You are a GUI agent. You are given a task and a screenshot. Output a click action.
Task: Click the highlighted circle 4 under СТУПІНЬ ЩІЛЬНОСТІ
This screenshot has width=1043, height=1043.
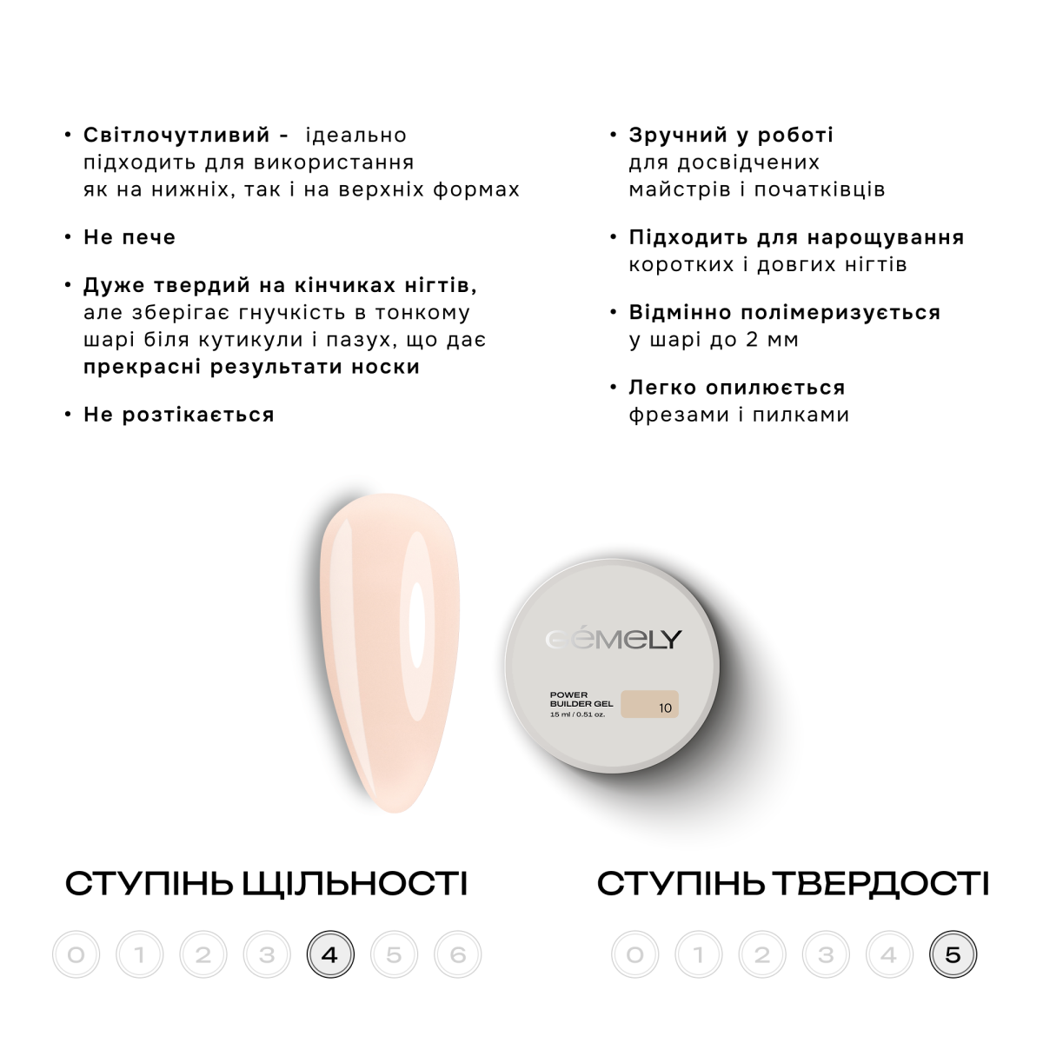click(330, 954)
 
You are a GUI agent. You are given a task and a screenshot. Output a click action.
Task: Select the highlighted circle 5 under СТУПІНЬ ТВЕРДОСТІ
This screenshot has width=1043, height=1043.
click(953, 954)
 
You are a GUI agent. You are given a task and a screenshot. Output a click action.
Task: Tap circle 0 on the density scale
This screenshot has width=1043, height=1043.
click(76, 954)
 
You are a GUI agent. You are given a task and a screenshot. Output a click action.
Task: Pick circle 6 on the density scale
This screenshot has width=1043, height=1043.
click(457, 954)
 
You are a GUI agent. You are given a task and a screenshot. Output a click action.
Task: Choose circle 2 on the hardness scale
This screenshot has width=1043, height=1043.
click(762, 954)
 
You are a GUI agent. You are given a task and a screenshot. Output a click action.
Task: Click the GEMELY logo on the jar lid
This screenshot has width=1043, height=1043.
click(614, 639)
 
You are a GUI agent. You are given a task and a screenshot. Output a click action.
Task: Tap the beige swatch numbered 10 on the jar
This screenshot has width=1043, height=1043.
click(649, 704)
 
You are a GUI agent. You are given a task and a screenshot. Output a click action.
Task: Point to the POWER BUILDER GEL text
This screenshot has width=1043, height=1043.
click(581, 700)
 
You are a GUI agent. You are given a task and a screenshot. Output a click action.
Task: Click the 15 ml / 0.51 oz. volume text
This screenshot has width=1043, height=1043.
click(577, 714)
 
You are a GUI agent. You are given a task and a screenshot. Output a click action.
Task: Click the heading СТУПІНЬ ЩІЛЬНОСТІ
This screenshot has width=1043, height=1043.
click(266, 884)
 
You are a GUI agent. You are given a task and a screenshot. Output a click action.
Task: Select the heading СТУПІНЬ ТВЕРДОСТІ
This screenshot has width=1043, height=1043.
click(793, 884)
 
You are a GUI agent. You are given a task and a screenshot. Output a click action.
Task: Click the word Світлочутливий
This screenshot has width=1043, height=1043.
click(176, 136)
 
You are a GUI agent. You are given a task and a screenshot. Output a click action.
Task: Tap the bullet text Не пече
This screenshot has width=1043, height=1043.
click(130, 237)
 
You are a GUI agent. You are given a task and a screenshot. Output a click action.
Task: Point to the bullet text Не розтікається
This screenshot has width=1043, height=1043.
click(179, 415)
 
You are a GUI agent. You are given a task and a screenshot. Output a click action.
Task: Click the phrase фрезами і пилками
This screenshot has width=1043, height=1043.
click(739, 415)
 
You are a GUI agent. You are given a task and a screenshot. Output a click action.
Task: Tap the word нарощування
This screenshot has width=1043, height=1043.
click(886, 238)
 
